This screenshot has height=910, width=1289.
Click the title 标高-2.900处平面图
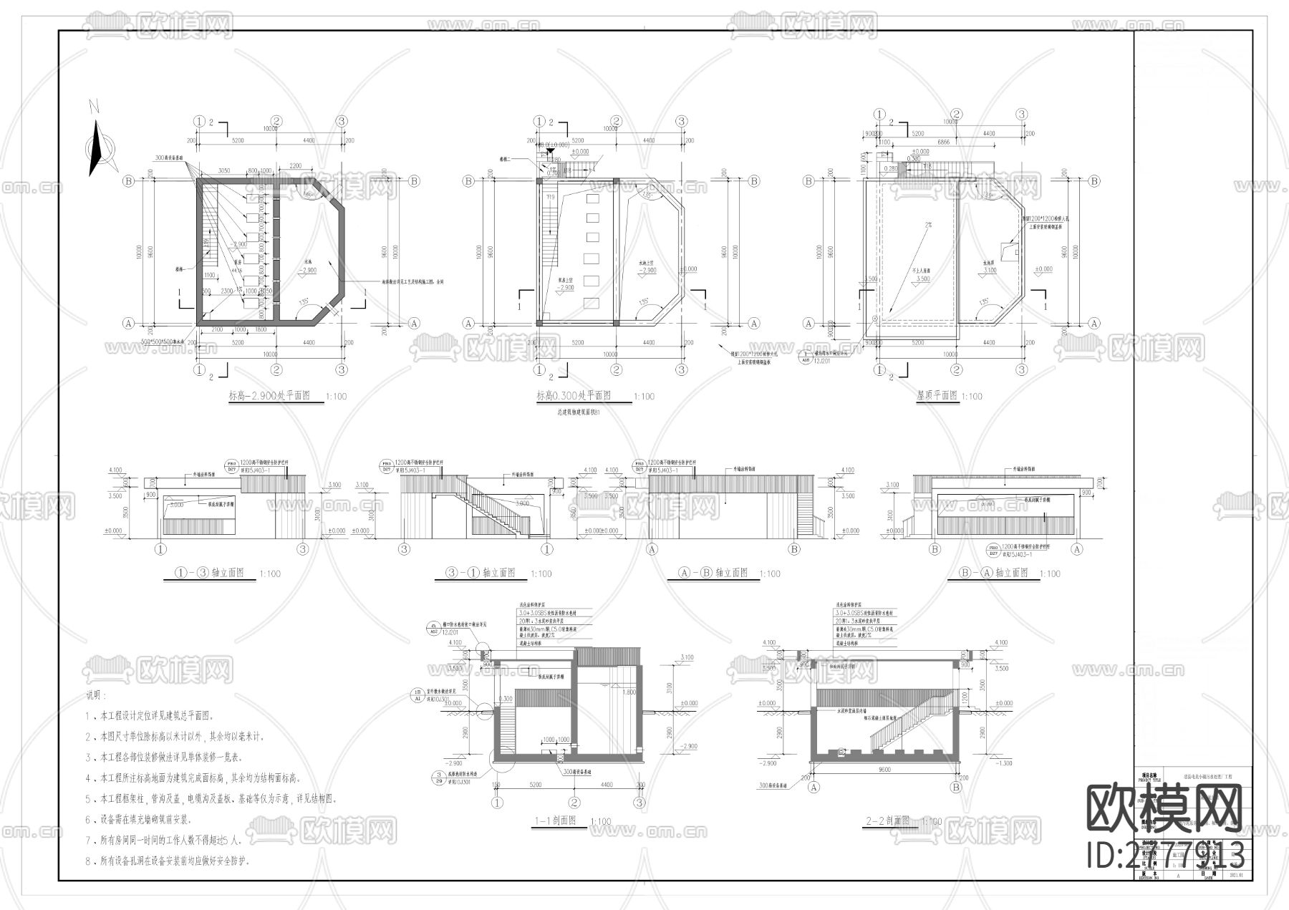click(x=269, y=395)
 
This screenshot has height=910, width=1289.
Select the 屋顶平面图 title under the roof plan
click(x=937, y=395)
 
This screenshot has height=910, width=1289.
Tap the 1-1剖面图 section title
click(x=556, y=821)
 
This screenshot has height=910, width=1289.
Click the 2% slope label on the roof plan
click(x=929, y=225)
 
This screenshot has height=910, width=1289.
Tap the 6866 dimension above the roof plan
click(x=943, y=142)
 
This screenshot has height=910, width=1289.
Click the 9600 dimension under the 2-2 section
click(x=884, y=770)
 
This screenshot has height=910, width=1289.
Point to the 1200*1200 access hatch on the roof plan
click(x=1014, y=250)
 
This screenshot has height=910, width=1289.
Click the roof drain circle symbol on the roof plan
click(x=874, y=317)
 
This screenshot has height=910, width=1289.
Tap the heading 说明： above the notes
click(x=96, y=694)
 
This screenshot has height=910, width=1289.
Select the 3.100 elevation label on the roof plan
click(x=990, y=271)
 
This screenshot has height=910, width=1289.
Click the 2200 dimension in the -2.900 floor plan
click(x=294, y=165)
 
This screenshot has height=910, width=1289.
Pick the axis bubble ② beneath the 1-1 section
click(x=574, y=802)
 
